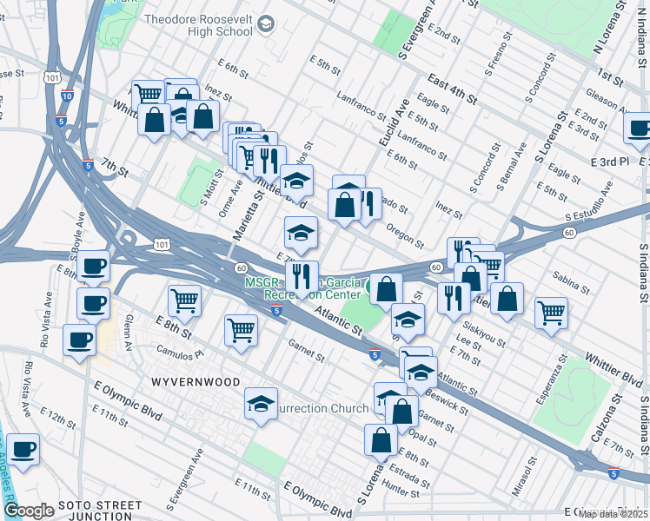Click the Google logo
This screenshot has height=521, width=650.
pos(29,510)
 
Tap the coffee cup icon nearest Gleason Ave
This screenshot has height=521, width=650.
pos(639,129)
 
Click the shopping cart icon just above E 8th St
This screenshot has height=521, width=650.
pos(184,300)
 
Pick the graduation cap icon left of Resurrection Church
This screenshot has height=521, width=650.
pos(261,405)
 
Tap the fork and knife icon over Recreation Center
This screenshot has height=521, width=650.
pos(302,276)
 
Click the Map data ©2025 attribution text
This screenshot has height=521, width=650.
pos(613,514)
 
